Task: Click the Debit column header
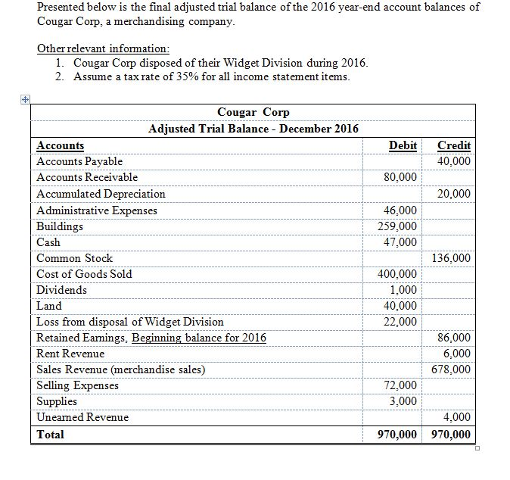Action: pos(403,145)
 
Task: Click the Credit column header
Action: pos(454,145)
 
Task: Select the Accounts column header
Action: pos(61,146)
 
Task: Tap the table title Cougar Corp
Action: pos(253,112)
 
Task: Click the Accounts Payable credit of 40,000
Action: pos(454,161)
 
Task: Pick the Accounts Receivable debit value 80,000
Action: pos(401,177)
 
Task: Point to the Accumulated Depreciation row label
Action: pos(101,194)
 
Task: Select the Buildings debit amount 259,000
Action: pos(398,226)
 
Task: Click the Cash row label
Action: pos(49,242)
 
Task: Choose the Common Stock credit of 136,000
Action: pos(451,258)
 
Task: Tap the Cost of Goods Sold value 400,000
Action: pos(398,274)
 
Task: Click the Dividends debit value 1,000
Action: pos(404,290)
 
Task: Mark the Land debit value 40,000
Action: pos(401,306)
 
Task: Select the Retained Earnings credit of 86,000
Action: pos(454,338)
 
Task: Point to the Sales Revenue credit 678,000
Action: pos(451,369)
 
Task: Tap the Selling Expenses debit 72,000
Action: pos(401,385)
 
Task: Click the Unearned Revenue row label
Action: pos(82,417)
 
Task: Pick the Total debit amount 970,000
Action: pos(396,435)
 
